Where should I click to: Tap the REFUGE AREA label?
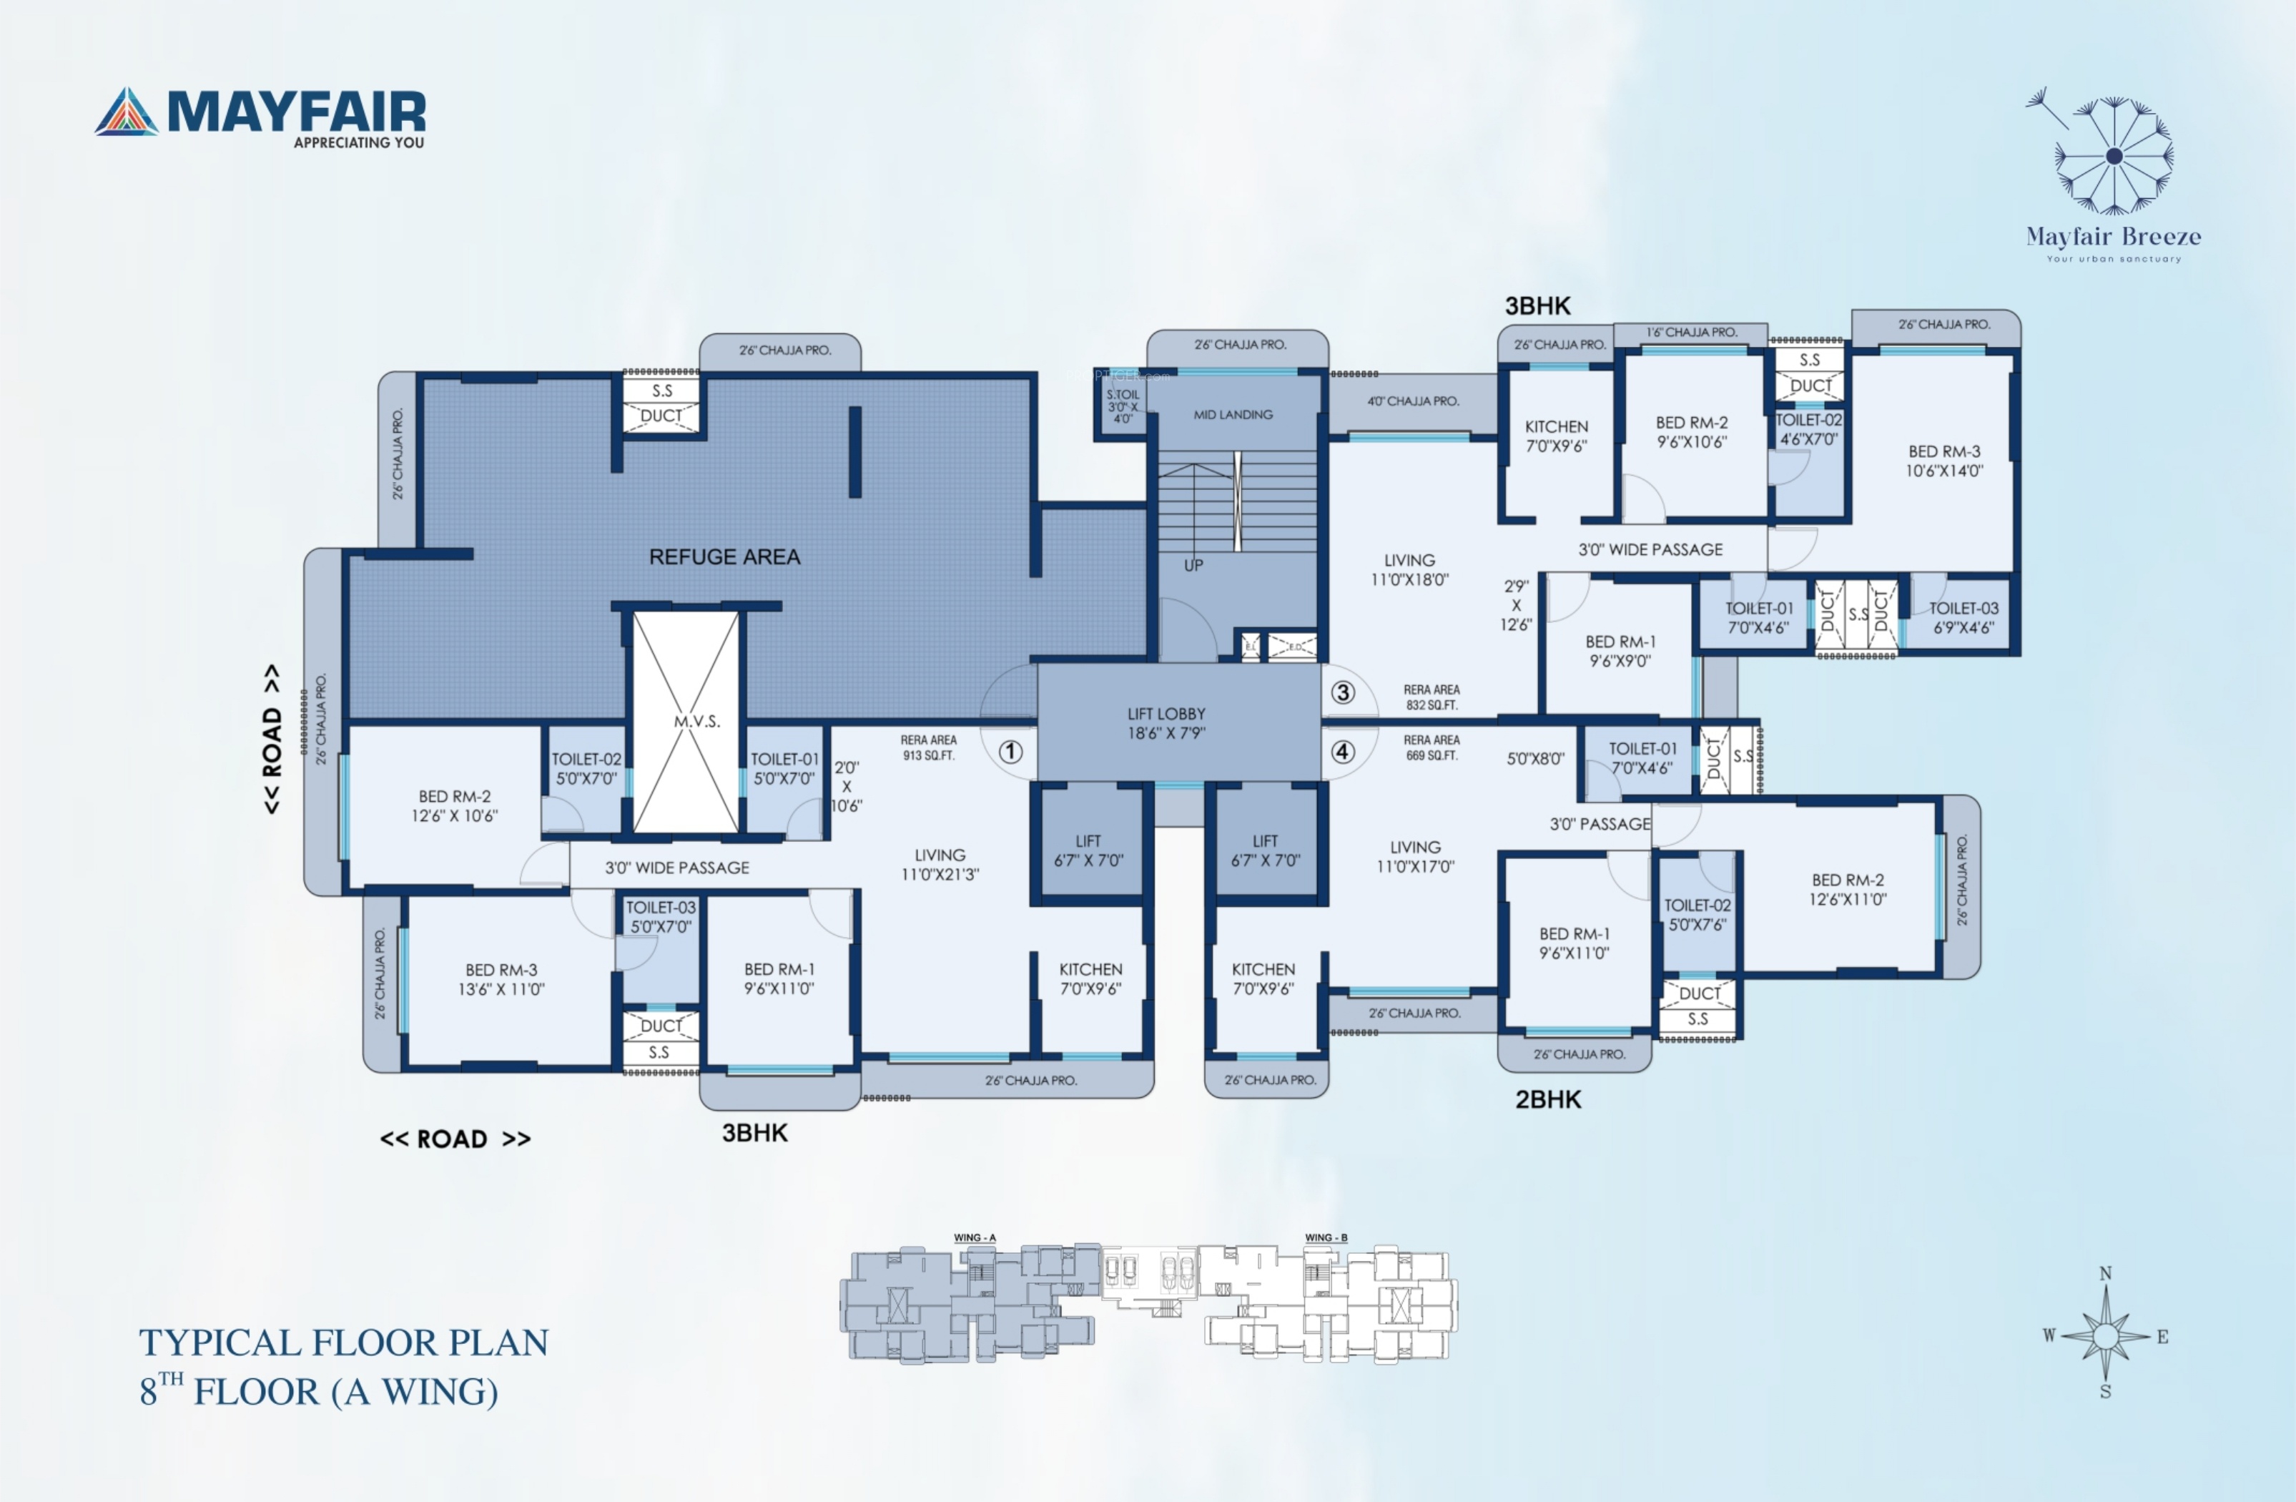[x=724, y=556]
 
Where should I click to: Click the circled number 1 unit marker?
[x=1010, y=752]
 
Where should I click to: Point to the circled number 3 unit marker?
[x=1343, y=692]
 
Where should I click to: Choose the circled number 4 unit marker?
[x=1343, y=752]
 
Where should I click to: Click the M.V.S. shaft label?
[x=696, y=722]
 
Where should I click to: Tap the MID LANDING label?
[x=1233, y=415]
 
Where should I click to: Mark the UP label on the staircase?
[x=1193, y=565]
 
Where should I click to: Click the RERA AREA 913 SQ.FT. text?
[x=928, y=747]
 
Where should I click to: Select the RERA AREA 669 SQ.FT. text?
[x=1432, y=747]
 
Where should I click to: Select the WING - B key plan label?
[x=1326, y=1237]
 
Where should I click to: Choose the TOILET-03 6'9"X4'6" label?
[x=1964, y=617]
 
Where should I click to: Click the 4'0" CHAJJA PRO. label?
[x=1412, y=401]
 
